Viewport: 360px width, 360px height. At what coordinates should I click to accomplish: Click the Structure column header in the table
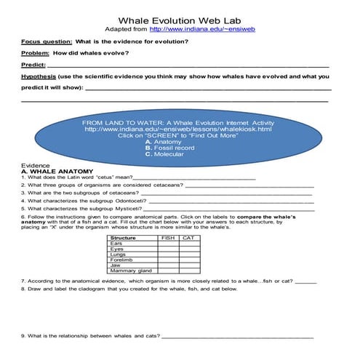[x=121, y=238]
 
